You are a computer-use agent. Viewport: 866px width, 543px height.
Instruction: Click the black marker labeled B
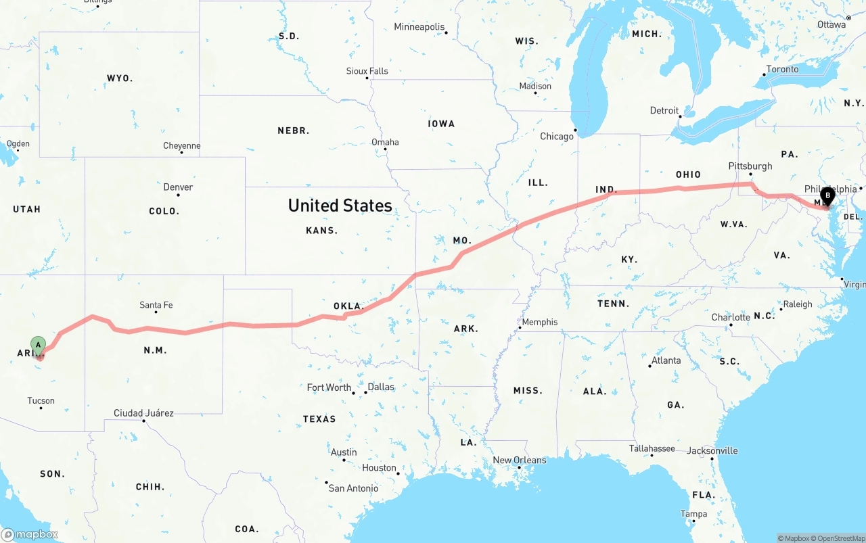pyautogui.click(x=827, y=196)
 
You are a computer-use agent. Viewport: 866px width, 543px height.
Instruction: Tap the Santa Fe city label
pyautogui.click(x=156, y=305)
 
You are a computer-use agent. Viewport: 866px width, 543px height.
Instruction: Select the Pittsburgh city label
pyautogui.click(x=750, y=166)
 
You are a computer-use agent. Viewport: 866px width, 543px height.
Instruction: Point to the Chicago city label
pyautogui.click(x=557, y=137)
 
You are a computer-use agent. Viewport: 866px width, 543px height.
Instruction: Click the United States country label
pyautogui.click(x=340, y=206)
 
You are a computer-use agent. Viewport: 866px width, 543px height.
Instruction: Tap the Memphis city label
pyautogui.click(x=540, y=322)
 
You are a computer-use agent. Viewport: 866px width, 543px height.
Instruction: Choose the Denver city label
pyautogui.click(x=178, y=187)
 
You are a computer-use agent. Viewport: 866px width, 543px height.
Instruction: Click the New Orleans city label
pyautogui.click(x=519, y=461)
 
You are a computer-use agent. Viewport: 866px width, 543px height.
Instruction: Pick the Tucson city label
pyautogui.click(x=41, y=401)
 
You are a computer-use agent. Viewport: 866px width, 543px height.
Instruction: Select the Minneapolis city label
pyautogui.click(x=419, y=27)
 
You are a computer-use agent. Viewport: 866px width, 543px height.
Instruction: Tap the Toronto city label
pyautogui.click(x=782, y=69)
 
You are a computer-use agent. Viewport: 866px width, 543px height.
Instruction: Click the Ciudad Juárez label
pyautogui.click(x=143, y=413)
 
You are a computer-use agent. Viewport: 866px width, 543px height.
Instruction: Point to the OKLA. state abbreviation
pyautogui.click(x=349, y=306)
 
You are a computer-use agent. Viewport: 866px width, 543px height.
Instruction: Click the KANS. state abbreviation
pyautogui.click(x=321, y=231)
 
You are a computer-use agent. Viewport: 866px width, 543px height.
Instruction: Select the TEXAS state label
pyautogui.click(x=319, y=419)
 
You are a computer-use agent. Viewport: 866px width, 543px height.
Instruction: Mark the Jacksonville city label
pyautogui.click(x=712, y=451)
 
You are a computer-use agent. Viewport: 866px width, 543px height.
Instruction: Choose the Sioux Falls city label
pyautogui.click(x=367, y=71)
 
